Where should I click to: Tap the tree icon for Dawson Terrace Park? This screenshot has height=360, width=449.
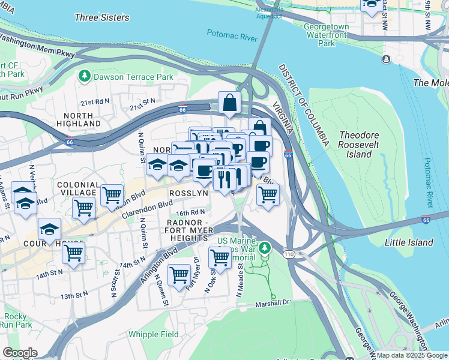click(84, 76)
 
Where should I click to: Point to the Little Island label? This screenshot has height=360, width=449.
click(409, 242)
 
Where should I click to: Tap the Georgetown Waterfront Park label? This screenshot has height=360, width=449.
click(326, 35)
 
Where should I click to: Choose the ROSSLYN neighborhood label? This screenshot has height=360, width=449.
click(188, 194)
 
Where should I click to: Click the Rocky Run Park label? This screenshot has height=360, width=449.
click(16, 320)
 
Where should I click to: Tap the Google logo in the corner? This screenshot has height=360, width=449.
click(20, 353)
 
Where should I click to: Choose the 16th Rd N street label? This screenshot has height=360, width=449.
click(190, 212)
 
